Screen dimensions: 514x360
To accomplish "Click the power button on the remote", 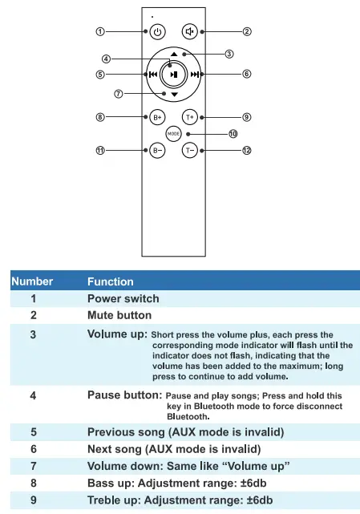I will pyautogui.click(x=157, y=32).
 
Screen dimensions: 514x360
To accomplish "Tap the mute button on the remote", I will pyautogui.click(x=190, y=32).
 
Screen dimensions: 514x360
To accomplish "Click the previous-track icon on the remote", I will pyautogui.click(x=152, y=74).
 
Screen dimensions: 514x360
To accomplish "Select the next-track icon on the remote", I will pyautogui.click(x=196, y=74).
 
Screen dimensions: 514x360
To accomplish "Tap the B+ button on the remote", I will pyautogui.click(x=158, y=116).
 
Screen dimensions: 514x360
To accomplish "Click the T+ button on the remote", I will pyautogui.click(x=190, y=116).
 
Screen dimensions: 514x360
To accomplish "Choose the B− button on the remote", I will pyautogui.click(x=158, y=149).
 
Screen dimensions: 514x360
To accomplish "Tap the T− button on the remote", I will pyautogui.click(x=190, y=149).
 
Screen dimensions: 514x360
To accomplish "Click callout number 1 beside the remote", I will pyautogui.click(x=100, y=32).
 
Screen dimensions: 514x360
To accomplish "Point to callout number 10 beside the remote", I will pyautogui.click(x=233, y=133).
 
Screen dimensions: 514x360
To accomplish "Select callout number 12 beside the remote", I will pyautogui.click(x=247, y=150).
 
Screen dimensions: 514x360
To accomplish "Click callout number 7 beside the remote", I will pyautogui.click(x=118, y=93).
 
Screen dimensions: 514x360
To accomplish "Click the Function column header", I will pyautogui.click(x=111, y=281).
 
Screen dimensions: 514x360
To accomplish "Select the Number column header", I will pyautogui.click(x=32, y=281).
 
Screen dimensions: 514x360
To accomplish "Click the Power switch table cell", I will pyautogui.click(x=123, y=298).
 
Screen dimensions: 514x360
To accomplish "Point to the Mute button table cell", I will pyautogui.click(x=119, y=315).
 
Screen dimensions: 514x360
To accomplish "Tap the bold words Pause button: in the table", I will pyautogui.click(x=124, y=395).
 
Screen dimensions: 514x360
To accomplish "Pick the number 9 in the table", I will pyautogui.click(x=33, y=500).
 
